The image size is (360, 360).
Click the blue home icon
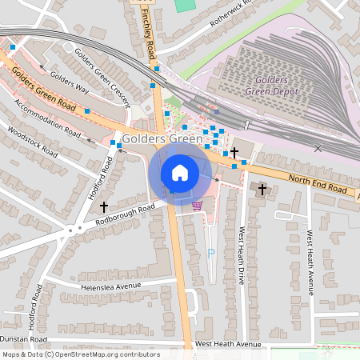(x=180, y=173)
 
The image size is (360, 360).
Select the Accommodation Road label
(x=47, y=119)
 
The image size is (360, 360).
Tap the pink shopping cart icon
(x=197, y=206)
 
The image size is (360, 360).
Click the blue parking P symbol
(x=211, y=253)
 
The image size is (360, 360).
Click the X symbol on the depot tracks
(x=318, y=148)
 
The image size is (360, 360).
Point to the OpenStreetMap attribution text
(x=81, y=354)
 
